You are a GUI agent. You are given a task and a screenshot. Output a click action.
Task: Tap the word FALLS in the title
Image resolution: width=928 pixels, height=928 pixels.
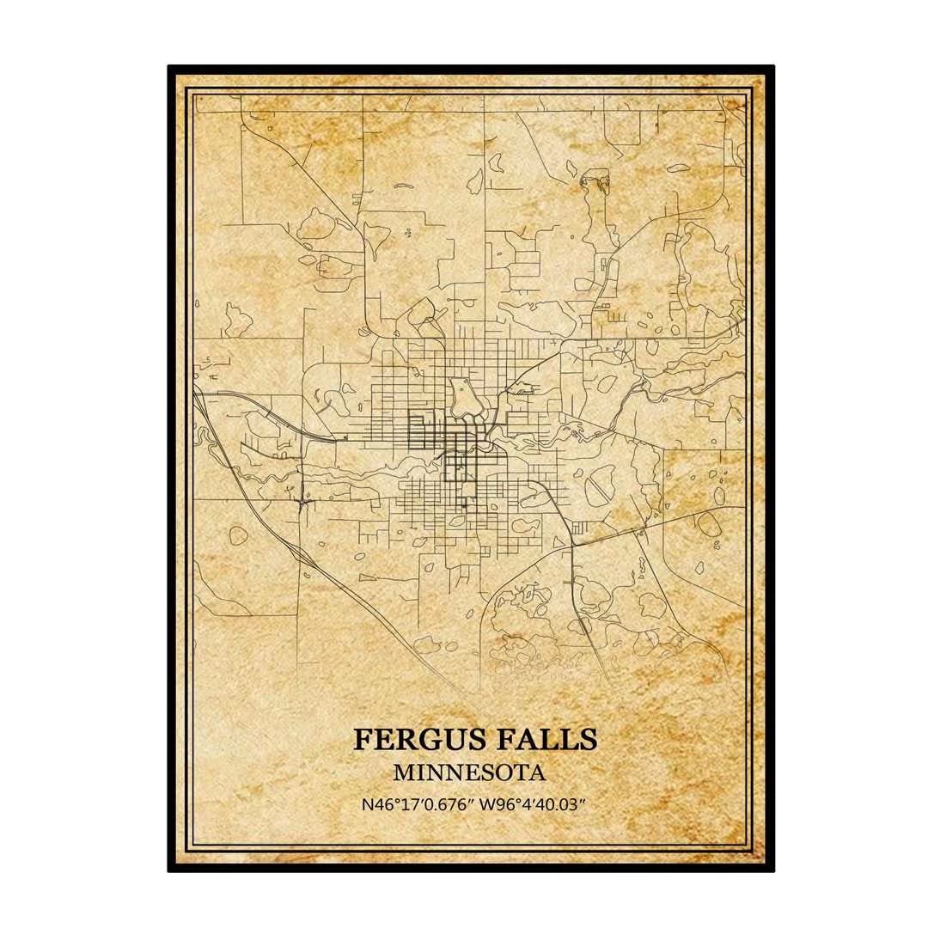tap(543, 739)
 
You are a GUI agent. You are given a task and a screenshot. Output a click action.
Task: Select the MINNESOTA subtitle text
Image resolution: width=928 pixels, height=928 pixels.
tap(469, 772)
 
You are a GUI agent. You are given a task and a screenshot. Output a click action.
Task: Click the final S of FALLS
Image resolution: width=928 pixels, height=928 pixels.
tap(587, 739)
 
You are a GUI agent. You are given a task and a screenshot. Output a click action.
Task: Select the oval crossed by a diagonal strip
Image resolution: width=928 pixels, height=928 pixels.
tap(599, 487)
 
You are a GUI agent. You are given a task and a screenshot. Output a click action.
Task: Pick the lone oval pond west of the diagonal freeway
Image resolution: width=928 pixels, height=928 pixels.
tap(238, 536)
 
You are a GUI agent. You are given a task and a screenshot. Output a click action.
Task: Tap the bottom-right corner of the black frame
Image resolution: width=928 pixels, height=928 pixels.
tap(772, 870)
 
